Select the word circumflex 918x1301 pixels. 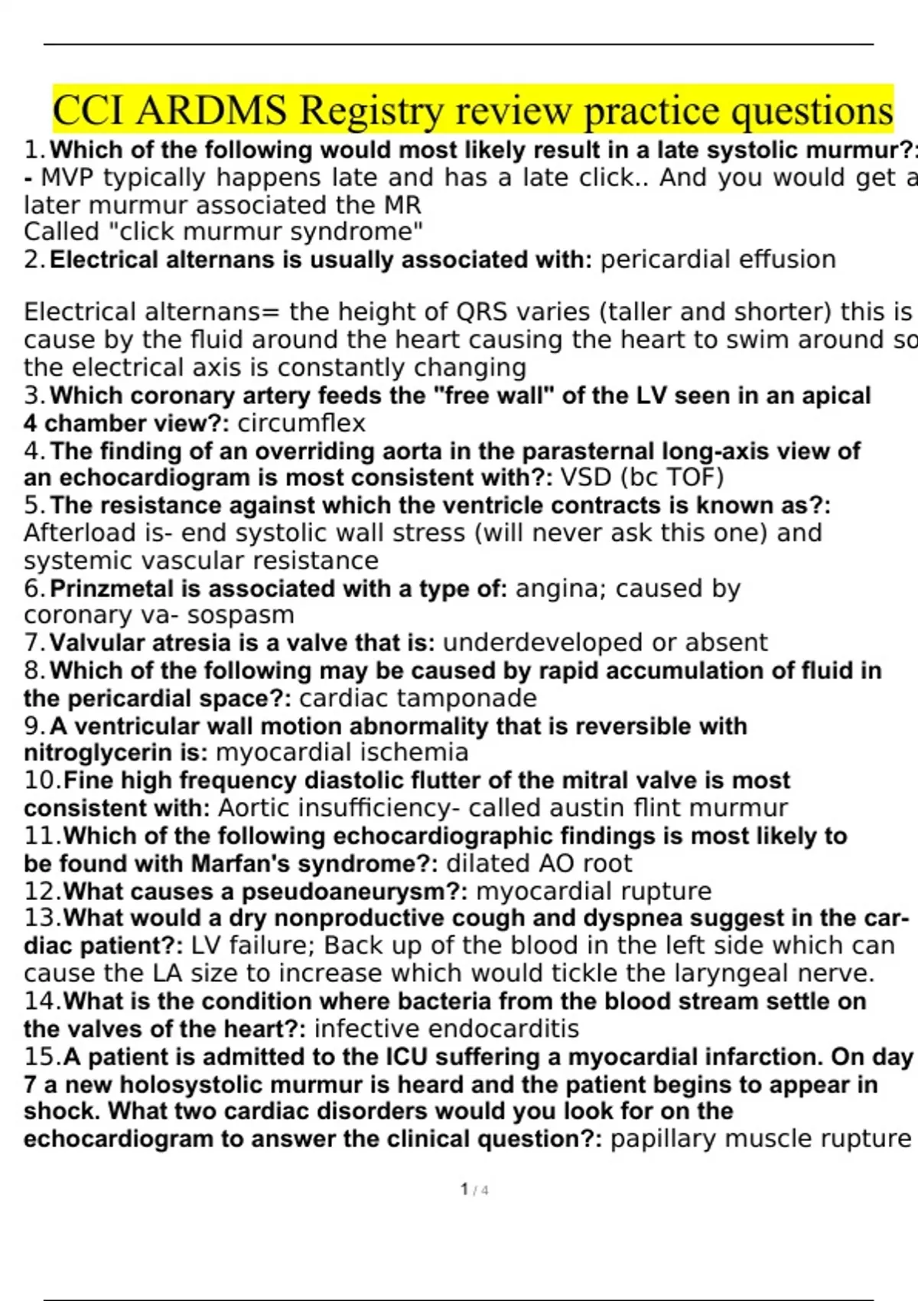point(301,423)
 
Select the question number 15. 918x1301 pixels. point(41,1057)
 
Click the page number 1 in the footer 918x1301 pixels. point(464,1189)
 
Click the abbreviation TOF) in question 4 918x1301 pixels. point(695,478)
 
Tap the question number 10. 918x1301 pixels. point(41,781)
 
